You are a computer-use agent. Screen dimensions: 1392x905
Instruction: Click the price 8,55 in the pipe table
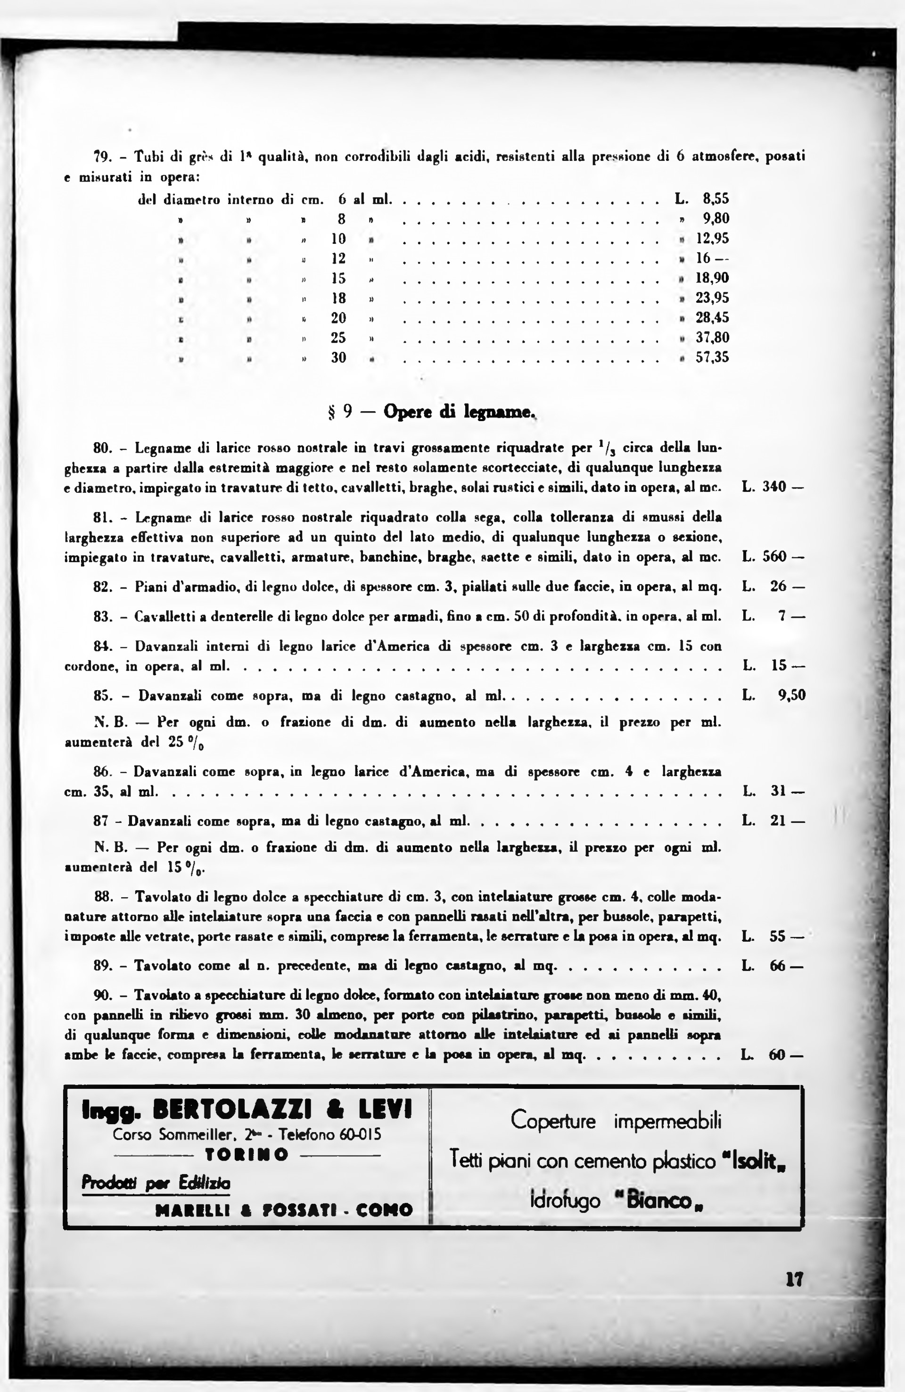(x=716, y=199)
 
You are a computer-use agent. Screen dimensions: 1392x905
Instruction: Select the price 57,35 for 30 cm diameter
(x=712, y=357)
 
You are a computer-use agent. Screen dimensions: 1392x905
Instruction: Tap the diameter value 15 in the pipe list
(x=338, y=278)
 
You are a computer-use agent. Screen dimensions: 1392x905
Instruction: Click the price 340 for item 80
(x=774, y=487)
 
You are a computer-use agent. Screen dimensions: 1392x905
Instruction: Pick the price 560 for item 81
(x=774, y=557)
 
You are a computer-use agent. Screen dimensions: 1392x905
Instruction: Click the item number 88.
(x=102, y=896)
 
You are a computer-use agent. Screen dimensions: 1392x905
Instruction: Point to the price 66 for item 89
(x=778, y=966)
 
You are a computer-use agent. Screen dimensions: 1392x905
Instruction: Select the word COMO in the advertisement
(x=384, y=1210)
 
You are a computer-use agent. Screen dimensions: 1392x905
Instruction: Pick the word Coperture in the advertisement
(x=553, y=1121)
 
